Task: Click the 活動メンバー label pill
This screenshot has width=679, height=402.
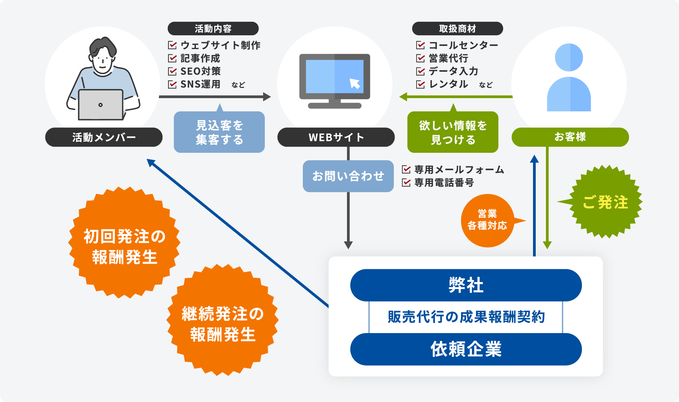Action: (104, 137)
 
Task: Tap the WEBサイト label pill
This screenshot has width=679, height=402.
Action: (336, 137)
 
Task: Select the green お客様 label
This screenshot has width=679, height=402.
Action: (570, 137)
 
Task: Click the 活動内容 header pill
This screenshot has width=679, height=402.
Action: (213, 29)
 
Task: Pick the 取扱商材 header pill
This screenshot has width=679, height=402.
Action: (457, 29)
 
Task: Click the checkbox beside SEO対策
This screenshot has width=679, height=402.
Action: (172, 71)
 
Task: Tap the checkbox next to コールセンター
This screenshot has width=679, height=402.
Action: (421, 45)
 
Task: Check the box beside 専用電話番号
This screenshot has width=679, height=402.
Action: (406, 183)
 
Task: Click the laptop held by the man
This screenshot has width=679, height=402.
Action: (100, 105)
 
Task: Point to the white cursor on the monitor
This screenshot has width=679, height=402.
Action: (355, 83)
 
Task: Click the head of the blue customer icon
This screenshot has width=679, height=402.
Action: (569, 57)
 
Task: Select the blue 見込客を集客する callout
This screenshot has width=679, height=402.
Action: (219, 132)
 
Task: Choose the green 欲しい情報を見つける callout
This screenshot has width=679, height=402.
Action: (453, 132)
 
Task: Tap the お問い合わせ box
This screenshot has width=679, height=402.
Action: (348, 176)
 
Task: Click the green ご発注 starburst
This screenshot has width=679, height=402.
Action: (605, 202)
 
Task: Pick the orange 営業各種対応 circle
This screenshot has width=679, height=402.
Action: (487, 220)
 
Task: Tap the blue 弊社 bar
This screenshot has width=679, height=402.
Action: (466, 285)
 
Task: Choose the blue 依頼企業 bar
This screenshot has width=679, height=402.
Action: (466, 349)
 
